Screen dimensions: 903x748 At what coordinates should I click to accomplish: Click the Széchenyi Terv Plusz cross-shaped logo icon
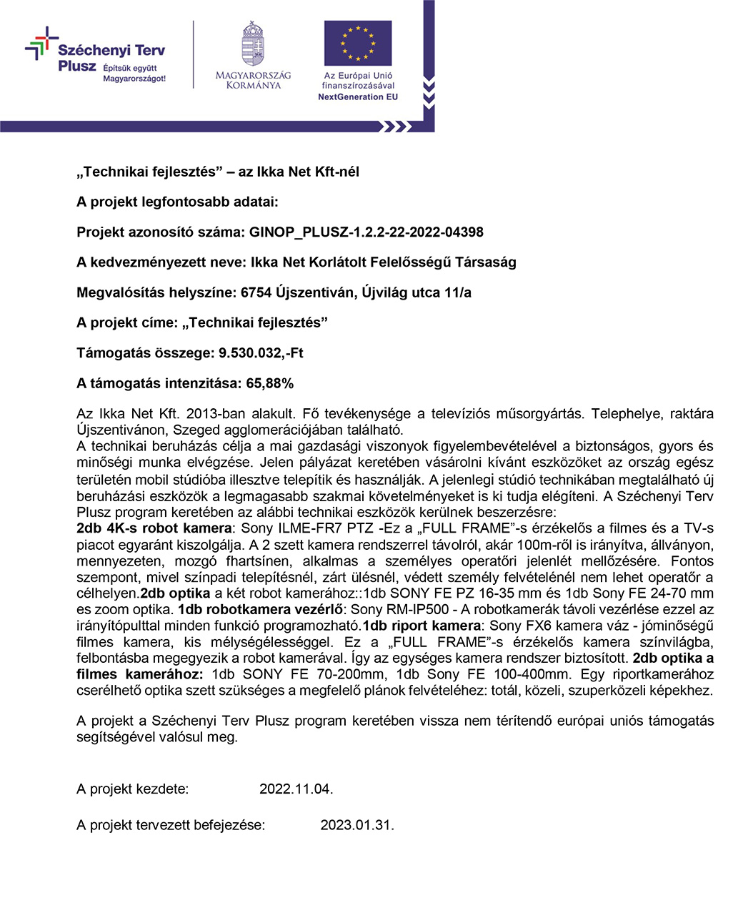41,44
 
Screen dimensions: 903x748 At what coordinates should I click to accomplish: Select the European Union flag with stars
357,43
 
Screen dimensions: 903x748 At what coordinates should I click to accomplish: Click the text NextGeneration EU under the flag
357,97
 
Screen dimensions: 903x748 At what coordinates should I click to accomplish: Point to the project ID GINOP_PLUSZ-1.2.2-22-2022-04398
366,232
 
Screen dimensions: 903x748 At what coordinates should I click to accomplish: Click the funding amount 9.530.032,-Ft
261,353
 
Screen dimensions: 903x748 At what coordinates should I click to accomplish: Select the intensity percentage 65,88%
269,384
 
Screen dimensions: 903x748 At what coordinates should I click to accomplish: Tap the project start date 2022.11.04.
296,789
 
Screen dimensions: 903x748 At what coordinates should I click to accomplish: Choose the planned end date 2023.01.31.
356,825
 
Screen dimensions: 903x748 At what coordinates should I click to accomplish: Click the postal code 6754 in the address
256,292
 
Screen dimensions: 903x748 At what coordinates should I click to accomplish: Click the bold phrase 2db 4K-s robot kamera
154,529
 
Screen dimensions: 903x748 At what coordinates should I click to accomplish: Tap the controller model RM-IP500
417,610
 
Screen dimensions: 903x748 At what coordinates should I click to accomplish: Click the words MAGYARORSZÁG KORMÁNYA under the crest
253,80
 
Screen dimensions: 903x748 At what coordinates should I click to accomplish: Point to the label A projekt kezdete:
132,789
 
